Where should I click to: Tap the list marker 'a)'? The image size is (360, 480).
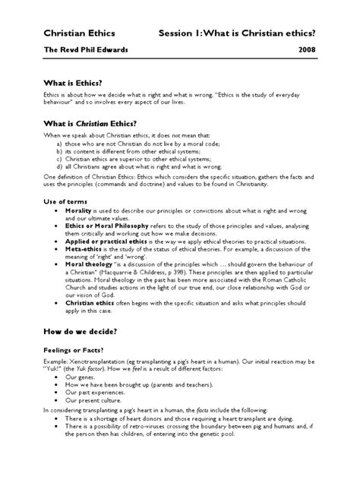point(59,143)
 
